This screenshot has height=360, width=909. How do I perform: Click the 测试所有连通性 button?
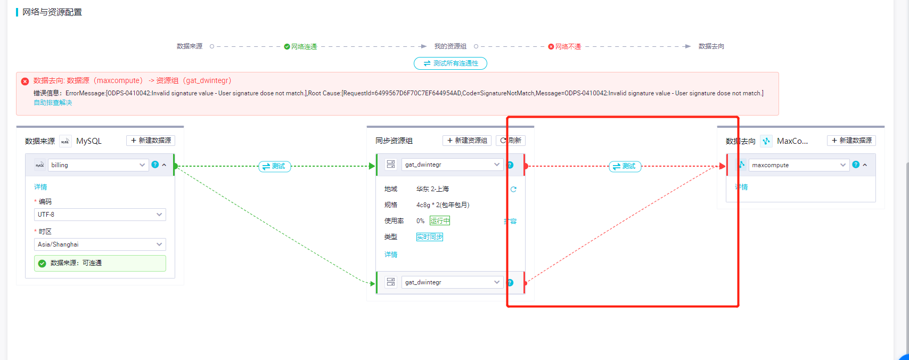pos(451,63)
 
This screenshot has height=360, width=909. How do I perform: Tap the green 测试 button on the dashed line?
pos(274,166)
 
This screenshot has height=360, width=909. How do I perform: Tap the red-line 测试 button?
pos(625,166)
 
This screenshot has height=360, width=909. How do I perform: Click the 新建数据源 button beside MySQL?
pos(151,141)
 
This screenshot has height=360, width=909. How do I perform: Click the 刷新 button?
pos(511,141)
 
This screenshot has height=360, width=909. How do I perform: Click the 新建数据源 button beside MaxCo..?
pos(851,141)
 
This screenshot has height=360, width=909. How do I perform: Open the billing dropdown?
pos(98,165)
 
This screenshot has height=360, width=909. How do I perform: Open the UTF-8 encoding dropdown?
pos(100,215)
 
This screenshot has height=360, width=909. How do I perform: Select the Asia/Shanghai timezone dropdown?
pos(100,244)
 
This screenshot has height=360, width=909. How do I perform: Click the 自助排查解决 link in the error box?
pos(53,103)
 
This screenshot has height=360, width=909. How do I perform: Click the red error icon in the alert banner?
pos(25,81)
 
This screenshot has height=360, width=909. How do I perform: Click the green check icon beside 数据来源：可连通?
pos(42,263)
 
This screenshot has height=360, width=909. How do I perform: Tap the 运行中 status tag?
pos(440,221)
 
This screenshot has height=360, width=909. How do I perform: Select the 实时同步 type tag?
pos(430,237)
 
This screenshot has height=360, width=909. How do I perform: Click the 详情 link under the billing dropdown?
pos(40,187)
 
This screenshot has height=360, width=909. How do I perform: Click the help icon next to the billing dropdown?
pos(155,165)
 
